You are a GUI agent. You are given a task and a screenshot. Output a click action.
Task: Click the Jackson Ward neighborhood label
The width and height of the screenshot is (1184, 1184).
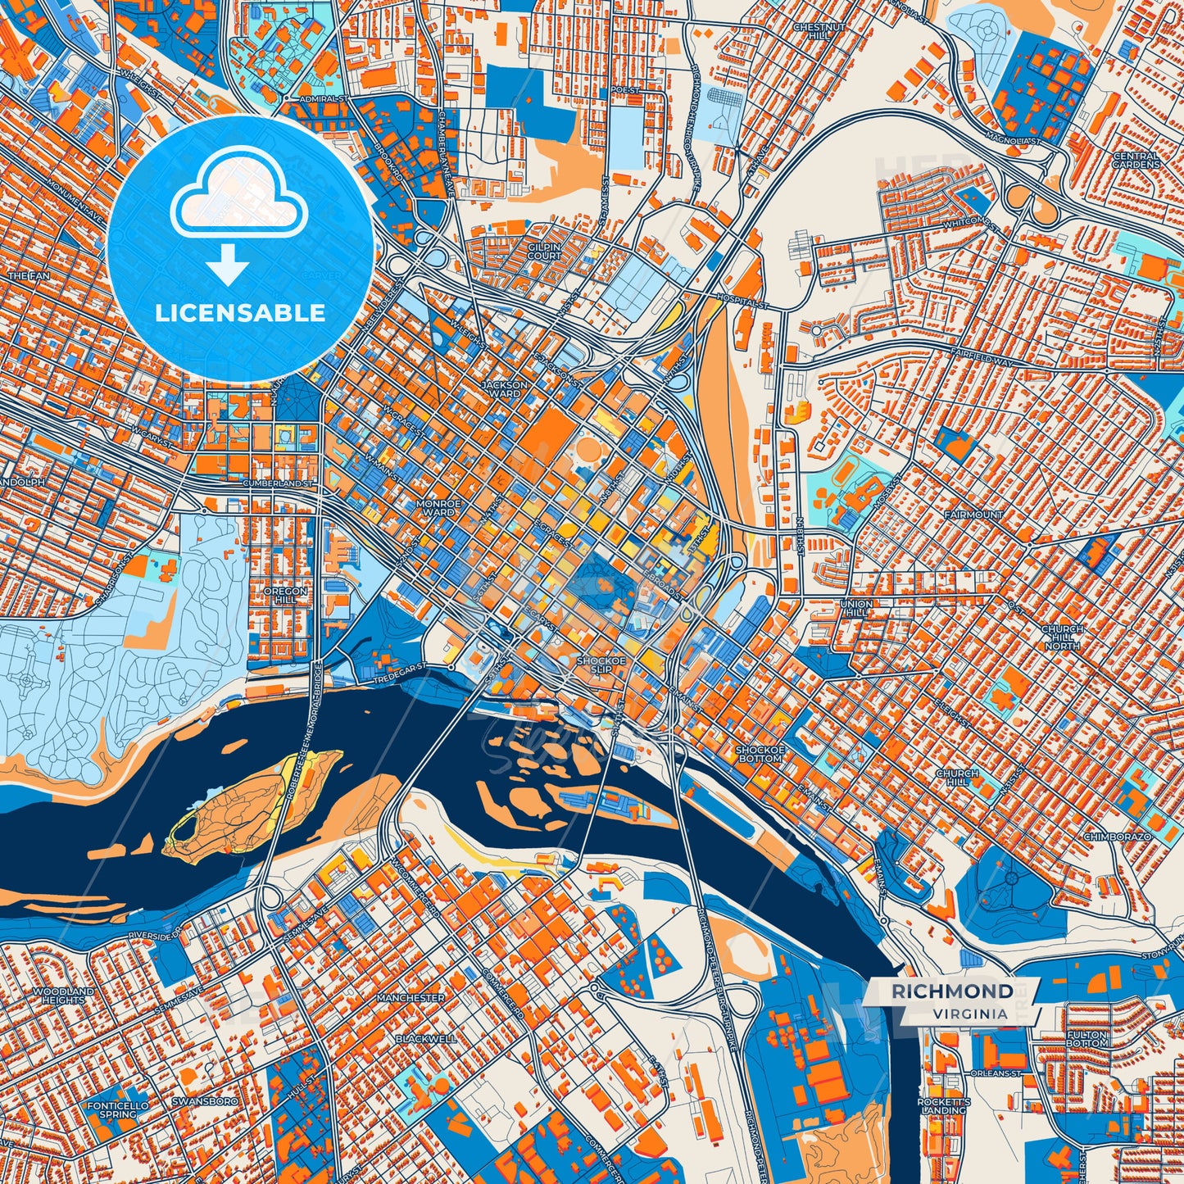tap(504, 388)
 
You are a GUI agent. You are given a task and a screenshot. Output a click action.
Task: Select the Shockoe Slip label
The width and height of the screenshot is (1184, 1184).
tap(601, 664)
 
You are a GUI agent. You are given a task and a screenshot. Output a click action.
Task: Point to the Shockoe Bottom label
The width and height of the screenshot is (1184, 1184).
tap(760, 754)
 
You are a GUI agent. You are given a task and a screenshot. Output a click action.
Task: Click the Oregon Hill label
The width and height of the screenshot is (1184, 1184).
tap(285, 595)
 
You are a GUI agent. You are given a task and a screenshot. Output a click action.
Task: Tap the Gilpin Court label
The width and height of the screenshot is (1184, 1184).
tap(545, 251)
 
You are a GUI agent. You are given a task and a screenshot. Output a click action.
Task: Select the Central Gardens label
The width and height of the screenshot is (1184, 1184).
tap(1136, 160)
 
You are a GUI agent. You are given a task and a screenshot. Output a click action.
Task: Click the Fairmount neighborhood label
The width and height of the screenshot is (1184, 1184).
tap(973, 515)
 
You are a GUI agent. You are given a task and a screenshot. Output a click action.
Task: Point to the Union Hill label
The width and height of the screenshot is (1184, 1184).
tap(856, 608)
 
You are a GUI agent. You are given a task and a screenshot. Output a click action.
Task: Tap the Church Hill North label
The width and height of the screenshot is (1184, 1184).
tap(1062, 637)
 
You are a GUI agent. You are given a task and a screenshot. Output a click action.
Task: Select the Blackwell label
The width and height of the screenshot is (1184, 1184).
tap(425, 1038)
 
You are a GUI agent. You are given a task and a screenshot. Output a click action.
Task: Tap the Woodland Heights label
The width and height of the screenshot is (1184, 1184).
tap(63, 996)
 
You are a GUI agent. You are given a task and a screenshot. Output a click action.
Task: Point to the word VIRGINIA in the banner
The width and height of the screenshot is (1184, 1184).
tap(969, 1014)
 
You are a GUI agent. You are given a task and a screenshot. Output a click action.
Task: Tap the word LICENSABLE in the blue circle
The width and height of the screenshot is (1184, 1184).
tap(241, 312)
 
